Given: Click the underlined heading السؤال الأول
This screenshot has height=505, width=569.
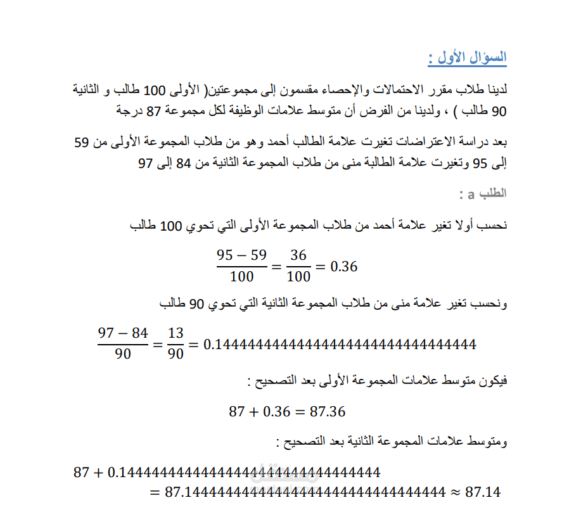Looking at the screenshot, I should click(x=468, y=58).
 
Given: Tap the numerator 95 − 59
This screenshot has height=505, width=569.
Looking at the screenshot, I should click(x=241, y=255).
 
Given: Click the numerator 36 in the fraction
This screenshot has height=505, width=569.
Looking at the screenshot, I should click(x=298, y=255).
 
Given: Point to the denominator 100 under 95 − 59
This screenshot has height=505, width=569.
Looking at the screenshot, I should click(x=241, y=276).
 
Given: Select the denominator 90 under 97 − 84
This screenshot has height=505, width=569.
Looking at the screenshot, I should click(x=123, y=354).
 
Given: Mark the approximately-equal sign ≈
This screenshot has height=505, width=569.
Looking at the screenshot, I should click(x=455, y=492).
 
